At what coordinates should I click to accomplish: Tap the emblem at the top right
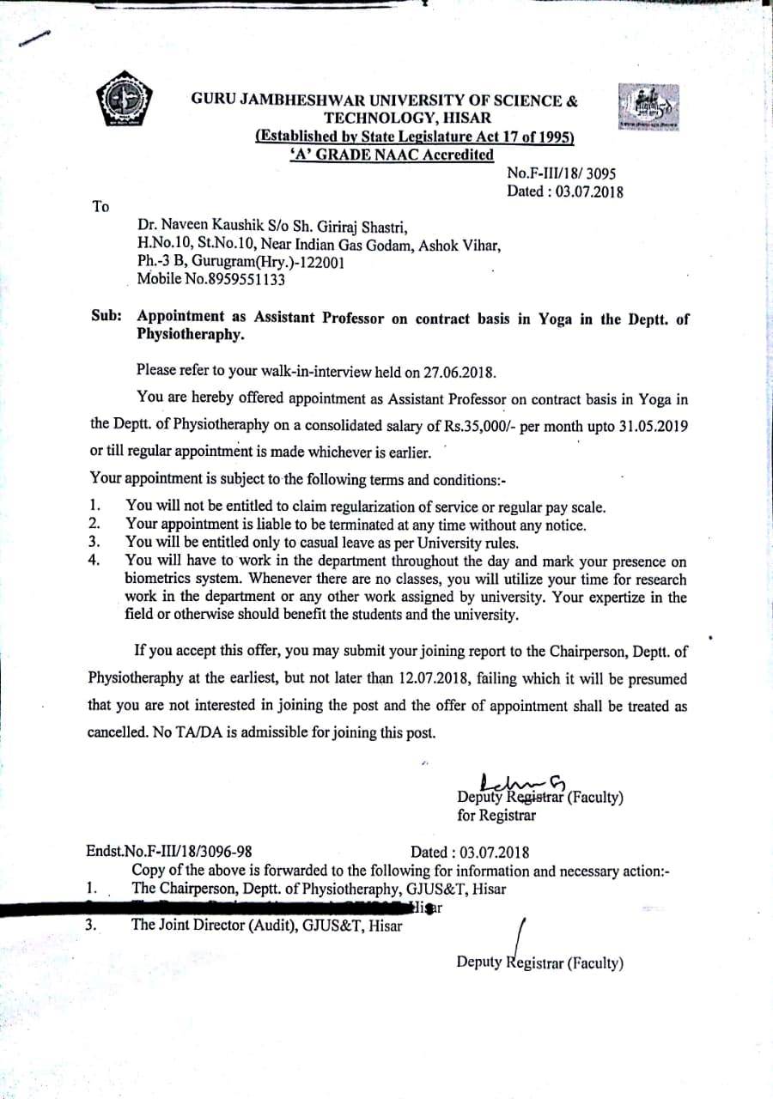647,107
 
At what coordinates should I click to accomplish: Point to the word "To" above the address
100,206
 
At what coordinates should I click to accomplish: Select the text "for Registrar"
496,815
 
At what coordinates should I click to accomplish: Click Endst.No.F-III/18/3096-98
169,852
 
